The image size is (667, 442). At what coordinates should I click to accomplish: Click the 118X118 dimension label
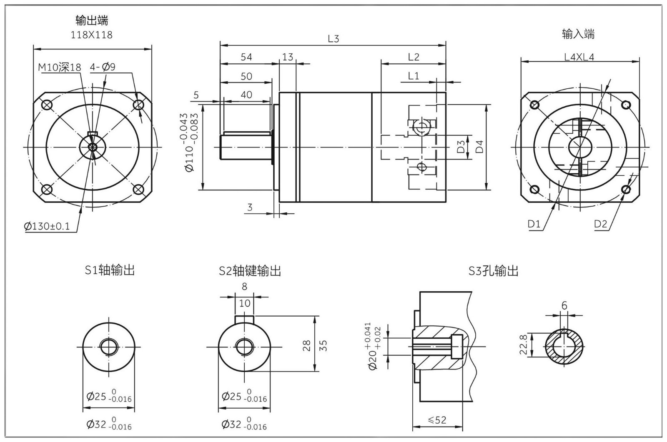pyautogui.click(x=92, y=35)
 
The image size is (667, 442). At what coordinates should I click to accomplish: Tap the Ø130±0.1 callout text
pyautogui.click(x=47, y=226)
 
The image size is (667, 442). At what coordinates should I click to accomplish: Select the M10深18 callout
pyautogui.click(x=60, y=67)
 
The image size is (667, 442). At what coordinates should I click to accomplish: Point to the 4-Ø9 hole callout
pyautogui.click(x=103, y=67)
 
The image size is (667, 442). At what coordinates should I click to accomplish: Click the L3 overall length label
pyautogui.click(x=333, y=39)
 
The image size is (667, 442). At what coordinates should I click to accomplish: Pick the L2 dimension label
pyautogui.click(x=413, y=57)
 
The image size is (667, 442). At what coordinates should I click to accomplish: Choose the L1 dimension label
pyautogui.click(x=414, y=76)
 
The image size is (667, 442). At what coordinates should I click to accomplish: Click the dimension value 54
pyautogui.click(x=246, y=57)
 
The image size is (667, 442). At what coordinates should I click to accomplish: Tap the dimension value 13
pyautogui.click(x=288, y=57)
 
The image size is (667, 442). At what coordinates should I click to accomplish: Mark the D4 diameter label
pyautogui.click(x=480, y=147)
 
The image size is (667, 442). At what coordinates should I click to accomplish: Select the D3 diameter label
pyautogui.click(x=461, y=147)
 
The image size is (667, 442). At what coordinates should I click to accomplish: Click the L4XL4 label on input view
pyautogui.click(x=579, y=57)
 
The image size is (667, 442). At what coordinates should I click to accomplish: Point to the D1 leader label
pyautogui.click(x=534, y=224)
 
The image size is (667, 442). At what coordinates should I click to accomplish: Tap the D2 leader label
pyautogui.click(x=601, y=224)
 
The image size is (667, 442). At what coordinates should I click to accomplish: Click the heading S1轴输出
pyautogui.click(x=110, y=270)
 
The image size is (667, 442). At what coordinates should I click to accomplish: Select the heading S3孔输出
pyautogui.click(x=494, y=271)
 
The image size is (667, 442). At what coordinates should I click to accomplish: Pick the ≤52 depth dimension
pyautogui.click(x=437, y=420)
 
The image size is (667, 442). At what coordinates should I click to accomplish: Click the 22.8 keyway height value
pyautogui.click(x=524, y=344)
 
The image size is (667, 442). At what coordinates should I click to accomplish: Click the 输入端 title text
pyautogui.click(x=578, y=34)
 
